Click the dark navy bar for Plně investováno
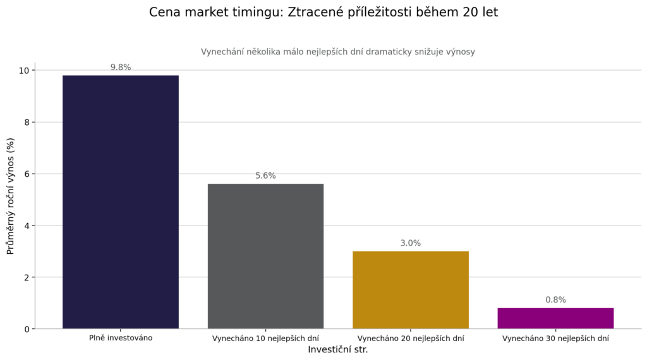(x=120, y=202)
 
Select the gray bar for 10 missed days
(x=265, y=256)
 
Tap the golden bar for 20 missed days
(x=410, y=290)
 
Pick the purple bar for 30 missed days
(x=555, y=318)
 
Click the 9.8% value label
(x=121, y=68)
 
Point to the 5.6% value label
(x=265, y=176)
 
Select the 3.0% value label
(x=410, y=243)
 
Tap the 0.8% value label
(x=555, y=300)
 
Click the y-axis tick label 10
(x=24, y=70)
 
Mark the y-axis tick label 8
(x=27, y=122)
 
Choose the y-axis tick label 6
(x=27, y=174)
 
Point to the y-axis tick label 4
(x=27, y=225)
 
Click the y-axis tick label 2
(x=27, y=277)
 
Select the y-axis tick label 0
(x=27, y=329)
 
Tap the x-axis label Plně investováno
(x=120, y=338)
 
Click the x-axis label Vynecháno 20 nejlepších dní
(x=410, y=339)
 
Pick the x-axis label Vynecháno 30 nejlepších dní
(x=555, y=339)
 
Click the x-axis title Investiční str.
(x=337, y=349)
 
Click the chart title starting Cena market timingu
(x=323, y=13)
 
